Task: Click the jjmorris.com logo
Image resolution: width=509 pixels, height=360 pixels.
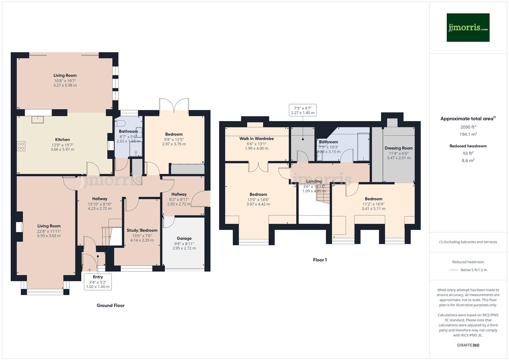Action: [x=468, y=27]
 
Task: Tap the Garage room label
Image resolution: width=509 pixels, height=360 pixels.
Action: [x=184, y=238]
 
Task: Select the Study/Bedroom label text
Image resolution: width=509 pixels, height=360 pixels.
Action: [x=142, y=230]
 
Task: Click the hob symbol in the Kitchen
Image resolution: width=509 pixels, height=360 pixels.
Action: [x=21, y=146]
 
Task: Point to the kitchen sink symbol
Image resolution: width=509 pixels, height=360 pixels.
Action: [x=38, y=119]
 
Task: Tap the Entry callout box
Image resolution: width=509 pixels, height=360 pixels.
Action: [x=98, y=282]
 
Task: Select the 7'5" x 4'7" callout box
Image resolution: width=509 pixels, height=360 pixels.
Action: [x=303, y=110]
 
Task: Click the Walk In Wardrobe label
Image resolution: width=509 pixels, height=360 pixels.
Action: [x=257, y=139]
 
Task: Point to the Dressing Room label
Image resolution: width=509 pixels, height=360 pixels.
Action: [x=399, y=148]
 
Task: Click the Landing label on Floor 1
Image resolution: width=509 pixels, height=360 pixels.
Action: [x=314, y=181]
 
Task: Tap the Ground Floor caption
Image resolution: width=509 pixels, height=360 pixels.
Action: [x=111, y=305]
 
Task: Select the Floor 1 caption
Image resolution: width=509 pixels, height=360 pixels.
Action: [x=320, y=260]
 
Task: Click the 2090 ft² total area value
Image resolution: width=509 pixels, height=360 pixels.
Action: [x=468, y=127]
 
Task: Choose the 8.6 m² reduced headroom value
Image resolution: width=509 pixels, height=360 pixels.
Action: [x=468, y=160]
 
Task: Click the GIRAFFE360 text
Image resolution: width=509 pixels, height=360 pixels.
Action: [x=468, y=345]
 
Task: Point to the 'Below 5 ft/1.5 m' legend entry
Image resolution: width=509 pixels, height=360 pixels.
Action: [x=474, y=270]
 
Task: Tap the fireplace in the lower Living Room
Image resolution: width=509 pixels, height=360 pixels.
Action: [x=20, y=227]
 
